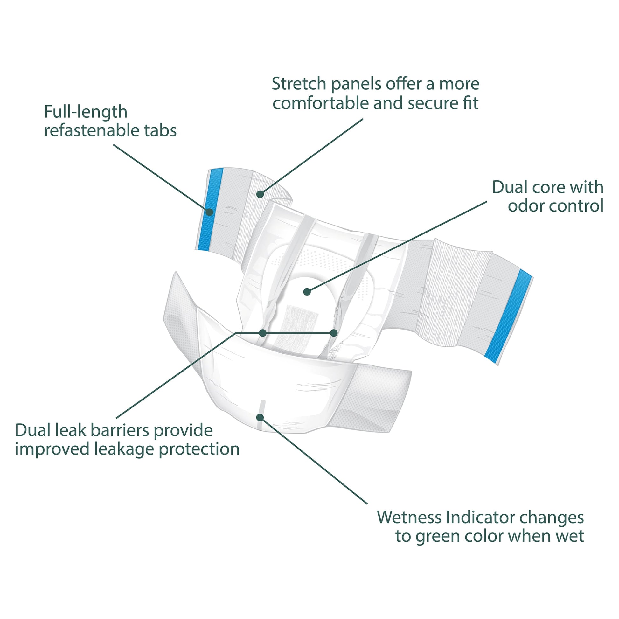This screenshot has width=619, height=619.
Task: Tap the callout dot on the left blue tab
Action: pos(210,212)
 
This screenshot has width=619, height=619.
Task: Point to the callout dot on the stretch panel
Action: pos(260,194)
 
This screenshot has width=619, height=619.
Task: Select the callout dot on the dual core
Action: pos(307,292)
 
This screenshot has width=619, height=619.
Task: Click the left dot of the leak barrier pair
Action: pos(263,333)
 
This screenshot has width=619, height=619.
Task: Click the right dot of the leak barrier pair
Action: pos(334,333)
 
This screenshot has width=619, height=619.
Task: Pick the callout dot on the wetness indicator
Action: pos(260,417)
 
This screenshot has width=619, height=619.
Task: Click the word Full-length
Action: pos(86,112)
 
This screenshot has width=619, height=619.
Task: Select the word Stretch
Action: pos(299,84)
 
